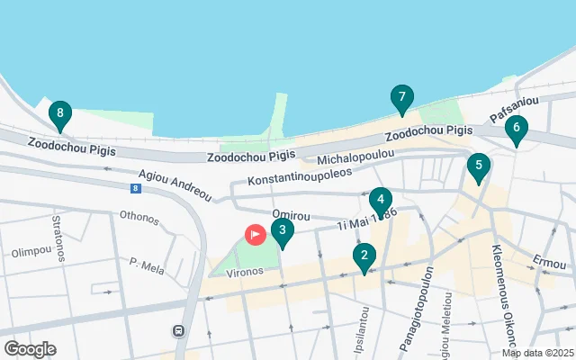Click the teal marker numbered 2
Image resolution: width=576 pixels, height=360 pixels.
[364, 257]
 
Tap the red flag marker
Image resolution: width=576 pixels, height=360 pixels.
[255, 235]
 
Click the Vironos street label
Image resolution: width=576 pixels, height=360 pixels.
[244, 271]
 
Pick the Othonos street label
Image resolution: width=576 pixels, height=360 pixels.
[139, 218]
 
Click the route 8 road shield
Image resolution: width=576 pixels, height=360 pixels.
[135, 188]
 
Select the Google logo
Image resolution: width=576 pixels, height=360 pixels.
[30, 348]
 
